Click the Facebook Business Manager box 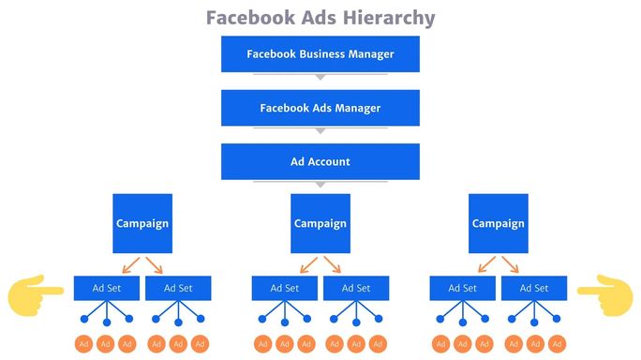pyautogui.click(x=320, y=53)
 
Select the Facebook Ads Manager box pyautogui.click(x=320, y=108)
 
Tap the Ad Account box pyautogui.click(x=320, y=161)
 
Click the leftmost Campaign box pyautogui.click(x=142, y=223)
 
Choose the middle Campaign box pyautogui.click(x=320, y=223)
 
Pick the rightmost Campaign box pyautogui.click(x=499, y=223)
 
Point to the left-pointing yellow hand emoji pyautogui.click(x=604, y=293)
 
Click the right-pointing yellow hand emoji pyautogui.click(x=36, y=293)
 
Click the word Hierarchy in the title pyautogui.click(x=389, y=18)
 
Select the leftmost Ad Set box pyautogui.click(x=107, y=288)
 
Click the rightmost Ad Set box pyautogui.click(x=534, y=288)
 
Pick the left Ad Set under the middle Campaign pyautogui.click(x=285, y=288)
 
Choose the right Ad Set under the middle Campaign pyautogui.click(x=356, y=288)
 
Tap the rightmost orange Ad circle pyautogui.click(x=556, y=344)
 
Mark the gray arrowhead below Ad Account pyautogui.click(x=320, y=184)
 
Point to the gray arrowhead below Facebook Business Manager pyautogui.click(x=320, y=77)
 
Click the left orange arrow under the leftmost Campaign pyautogui.click(x=133, y=263)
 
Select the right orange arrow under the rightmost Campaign pyautogui.click(x=509, y=263)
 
